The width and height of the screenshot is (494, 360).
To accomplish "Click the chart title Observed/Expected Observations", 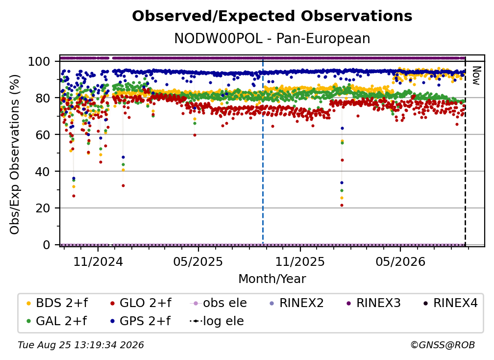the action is tap(272, 16).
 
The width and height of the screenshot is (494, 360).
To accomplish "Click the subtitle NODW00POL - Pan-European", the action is tap(272, 38).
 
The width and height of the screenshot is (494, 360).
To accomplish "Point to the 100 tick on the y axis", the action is tap(39, 61).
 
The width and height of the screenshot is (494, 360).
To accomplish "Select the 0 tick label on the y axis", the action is tap(46, 245).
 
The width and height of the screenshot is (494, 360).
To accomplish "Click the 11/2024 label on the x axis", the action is tap(98, 261).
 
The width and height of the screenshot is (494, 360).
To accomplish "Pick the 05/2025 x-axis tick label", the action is tap(198, 261).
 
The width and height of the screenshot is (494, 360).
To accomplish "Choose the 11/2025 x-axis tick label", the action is tap(300, 261).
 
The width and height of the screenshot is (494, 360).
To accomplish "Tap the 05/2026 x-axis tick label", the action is tap(400, 261).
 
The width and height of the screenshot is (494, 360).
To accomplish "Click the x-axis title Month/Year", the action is tap(272, 279).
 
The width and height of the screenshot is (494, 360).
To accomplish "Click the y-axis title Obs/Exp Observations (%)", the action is tap(15, 154).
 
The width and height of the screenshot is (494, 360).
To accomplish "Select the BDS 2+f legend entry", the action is tap(57, 303).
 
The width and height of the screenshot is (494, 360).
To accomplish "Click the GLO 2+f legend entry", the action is tap(141, 303).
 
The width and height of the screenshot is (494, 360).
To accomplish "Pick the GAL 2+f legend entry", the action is tap(56, 321).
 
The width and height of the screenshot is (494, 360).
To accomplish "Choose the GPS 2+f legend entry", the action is tap(140, 321).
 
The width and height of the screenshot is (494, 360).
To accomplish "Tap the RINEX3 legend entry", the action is tap(373, 303).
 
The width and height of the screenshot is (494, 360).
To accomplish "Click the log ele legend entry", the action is tap(217, 321).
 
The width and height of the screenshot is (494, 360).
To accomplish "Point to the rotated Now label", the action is tap(476, 76).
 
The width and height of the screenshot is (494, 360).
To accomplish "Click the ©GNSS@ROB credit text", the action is tap(443, 345).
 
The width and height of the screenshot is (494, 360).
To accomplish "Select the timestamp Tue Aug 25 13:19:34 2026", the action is tap(81, 345).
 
